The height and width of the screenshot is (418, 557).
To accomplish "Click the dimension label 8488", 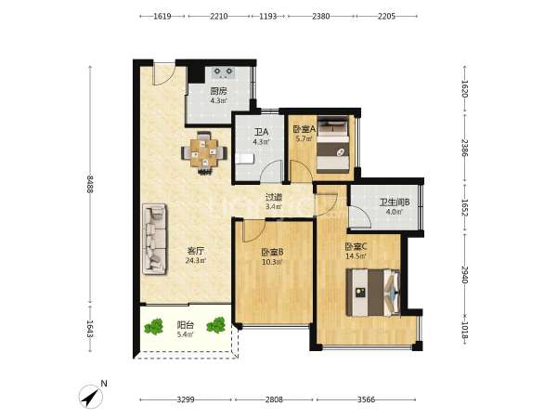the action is pos(89,184).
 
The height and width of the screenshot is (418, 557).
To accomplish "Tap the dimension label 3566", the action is pos(367,399).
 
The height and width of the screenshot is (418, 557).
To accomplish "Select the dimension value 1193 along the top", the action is pos(268,16).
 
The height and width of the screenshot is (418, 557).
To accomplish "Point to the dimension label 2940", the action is pos(464,275).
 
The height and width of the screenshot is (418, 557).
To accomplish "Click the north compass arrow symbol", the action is pos(90,397).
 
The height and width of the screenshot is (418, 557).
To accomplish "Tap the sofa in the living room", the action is pos(154,239).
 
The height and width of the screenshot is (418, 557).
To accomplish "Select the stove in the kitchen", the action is pos(224,72).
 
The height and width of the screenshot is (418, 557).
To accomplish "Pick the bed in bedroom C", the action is pos(373,293).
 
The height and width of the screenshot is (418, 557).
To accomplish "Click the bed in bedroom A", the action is pos(333,146).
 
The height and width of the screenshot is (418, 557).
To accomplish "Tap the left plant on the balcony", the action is pos(154,326).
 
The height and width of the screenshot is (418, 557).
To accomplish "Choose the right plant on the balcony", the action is pos(216,324).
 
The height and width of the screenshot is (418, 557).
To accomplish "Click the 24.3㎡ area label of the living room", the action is pos(196,261).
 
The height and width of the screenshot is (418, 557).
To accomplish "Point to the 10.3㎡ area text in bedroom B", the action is pos(272,262).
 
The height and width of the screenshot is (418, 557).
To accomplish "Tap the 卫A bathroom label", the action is pos(261,132).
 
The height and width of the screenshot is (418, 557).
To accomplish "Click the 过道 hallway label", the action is pos(274,197).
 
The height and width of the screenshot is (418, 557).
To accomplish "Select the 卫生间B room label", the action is pos(395,202).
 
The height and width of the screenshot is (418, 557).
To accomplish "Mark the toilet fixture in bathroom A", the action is pos(244,158).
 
